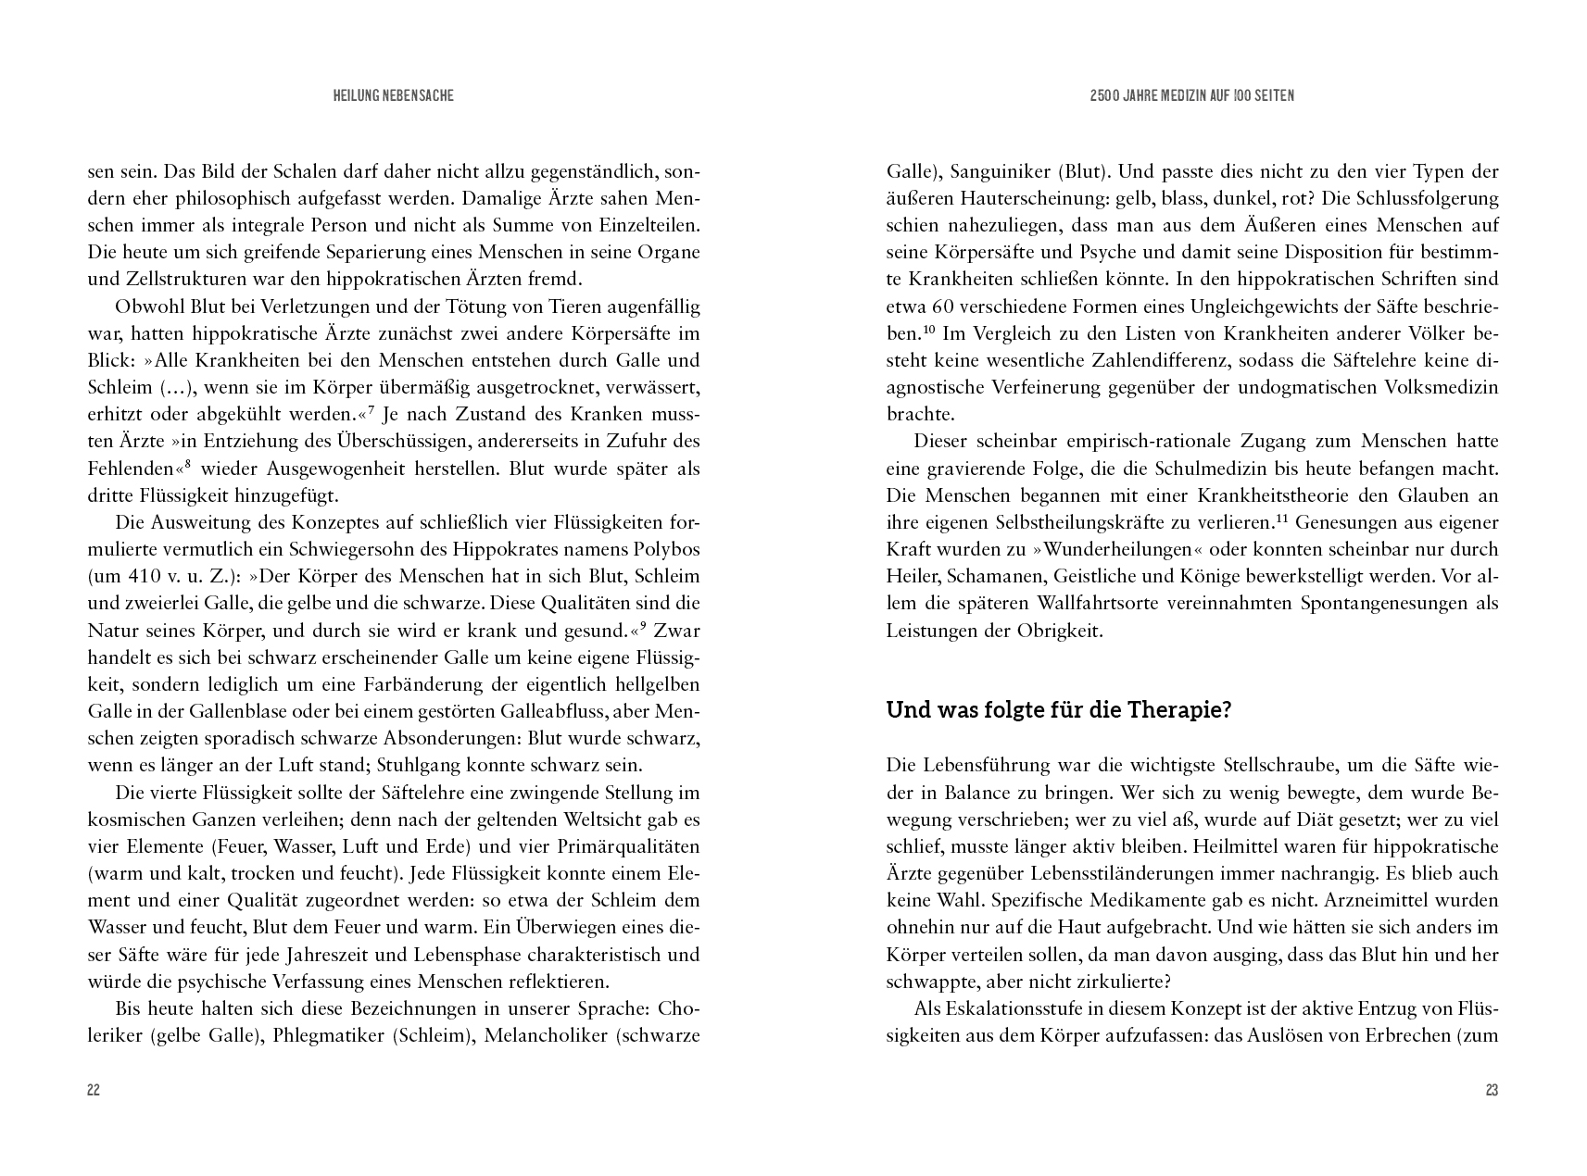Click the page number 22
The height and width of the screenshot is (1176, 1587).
[x=93, y=1090]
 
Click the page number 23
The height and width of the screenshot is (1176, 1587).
[x=1492, y=1090]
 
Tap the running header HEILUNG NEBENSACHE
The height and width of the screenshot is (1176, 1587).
[x=394, y=95]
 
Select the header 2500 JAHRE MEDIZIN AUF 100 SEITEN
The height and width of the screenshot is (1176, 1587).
[x=1192, y=95]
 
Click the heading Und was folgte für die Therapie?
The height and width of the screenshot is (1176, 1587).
[x=1059, y=710]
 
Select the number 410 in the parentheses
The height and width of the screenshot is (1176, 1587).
[x=153, y=576]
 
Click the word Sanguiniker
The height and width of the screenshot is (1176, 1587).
[x=995, y=171]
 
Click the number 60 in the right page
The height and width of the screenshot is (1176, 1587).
[x=936, y=307]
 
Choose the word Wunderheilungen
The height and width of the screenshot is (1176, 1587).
[x=1094, y=549]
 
